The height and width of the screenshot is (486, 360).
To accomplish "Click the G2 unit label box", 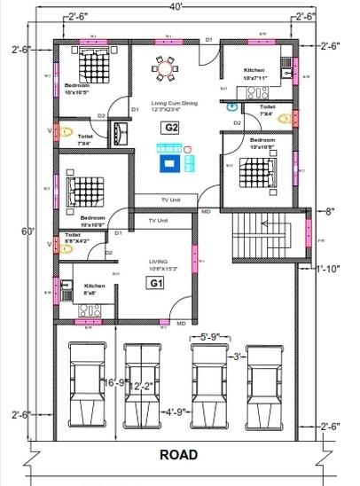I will (x=170, y=128).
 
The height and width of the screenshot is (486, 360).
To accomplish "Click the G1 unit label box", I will (x=156, y=283).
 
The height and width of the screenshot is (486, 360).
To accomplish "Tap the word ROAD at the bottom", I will (x=178, y=455).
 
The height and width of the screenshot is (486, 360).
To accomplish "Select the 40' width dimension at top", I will (x=178, y=7).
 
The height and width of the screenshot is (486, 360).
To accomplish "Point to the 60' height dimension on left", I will (x=29, y=231).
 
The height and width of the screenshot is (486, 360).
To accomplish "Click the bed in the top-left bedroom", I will (x=90, y=63).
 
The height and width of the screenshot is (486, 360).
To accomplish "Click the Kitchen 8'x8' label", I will (x=94, y=289).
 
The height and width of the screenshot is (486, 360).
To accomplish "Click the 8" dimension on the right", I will (x=331, y=211).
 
